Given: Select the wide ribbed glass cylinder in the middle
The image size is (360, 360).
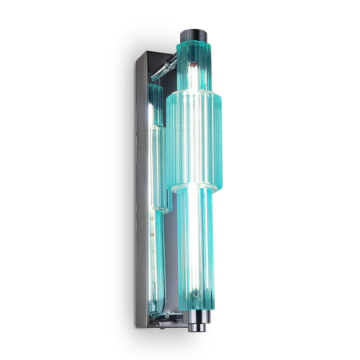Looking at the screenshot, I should click(195, 140).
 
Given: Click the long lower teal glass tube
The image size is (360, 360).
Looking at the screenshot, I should click(195, 256).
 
